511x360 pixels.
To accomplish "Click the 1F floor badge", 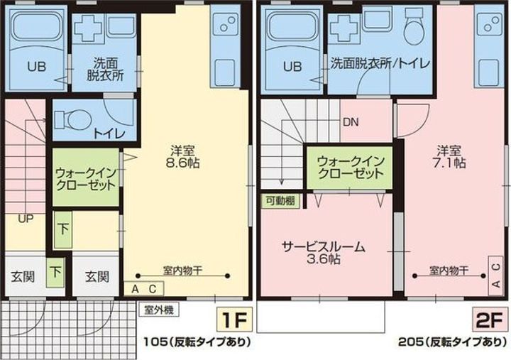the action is point(234,320).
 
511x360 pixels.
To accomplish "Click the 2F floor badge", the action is point(490,320).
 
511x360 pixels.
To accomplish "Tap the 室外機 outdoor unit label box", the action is point(159,310).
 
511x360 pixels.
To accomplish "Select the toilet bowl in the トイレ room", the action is point(72,120).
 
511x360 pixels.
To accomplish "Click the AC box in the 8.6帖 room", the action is point(143,289).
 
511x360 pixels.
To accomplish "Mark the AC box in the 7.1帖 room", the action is point(495,276).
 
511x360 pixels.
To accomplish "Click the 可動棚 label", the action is point(280,201).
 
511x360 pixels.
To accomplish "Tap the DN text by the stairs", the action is point(351,122).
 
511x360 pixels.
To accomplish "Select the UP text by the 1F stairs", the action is point(26,219).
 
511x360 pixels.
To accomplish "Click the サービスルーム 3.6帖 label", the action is point(324,253).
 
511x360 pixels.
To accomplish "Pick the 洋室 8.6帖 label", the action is point(182,156).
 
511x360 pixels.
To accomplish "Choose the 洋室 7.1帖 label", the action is point(449,156).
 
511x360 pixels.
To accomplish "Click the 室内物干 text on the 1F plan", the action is point(182,271).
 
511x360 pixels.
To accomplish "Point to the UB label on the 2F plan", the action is point(292,67).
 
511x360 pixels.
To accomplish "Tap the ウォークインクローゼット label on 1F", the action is point(86,179).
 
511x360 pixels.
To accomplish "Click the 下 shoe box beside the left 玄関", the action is point(56,272).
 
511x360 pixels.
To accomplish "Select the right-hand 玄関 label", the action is point(97,277).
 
